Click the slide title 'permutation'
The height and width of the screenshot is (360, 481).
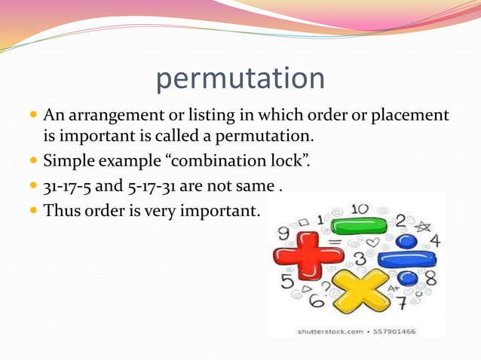[x=240, y=79]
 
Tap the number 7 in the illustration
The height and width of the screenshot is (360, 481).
[x=402, y=304]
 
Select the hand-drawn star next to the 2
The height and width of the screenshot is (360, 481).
[x=423, y=224]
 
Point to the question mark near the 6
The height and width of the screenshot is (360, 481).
[x=325, y=288]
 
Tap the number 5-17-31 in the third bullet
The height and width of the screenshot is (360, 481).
[x=161, y=185]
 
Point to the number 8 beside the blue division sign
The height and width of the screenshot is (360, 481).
[x=430, y=278]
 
